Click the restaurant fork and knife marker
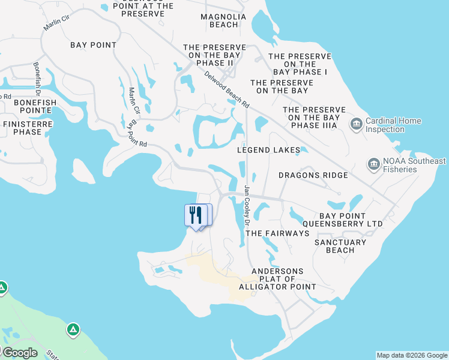coord(196,215)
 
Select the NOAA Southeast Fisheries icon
coord(373,164)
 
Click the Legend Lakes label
coord(268,150)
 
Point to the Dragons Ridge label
coord(313,175)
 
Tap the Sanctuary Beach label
coord(340,246)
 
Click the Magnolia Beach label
coord(224,21)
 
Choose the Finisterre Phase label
coord(28,128)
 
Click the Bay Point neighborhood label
coord(93,45)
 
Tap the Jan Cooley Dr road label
coord(247,201)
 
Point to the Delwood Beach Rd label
coord(226,89)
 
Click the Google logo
coord(20,353)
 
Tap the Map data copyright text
coord(412,355)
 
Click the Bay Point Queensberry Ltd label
coord(343,220)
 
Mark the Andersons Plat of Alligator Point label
coord(277,279)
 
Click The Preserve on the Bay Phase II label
coord(214,55)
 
